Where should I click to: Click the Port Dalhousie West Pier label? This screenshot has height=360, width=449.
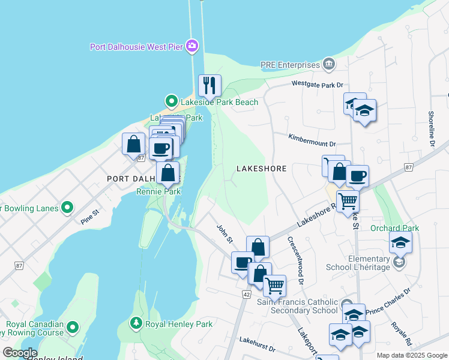click(x=137, y=46)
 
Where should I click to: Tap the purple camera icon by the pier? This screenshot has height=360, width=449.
click(x=192, y=46)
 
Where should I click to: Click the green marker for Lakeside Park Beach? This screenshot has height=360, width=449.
click(x=171, y=101)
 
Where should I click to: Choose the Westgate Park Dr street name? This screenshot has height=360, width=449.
click(x=321, y=85)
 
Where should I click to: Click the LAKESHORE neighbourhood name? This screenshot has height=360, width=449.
click(x=261, y=169)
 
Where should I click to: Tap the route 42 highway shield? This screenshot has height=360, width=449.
click(x=247, y=294)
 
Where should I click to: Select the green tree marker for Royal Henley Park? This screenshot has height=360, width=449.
click(x=137, y=324)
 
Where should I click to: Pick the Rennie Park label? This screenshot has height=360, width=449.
click(x=158, y=192)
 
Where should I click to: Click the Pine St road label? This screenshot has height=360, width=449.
click(x=89, y=217)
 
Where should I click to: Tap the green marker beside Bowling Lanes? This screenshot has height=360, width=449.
click(x=67, y=208)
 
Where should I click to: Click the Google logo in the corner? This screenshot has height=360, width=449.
click(x=20, y=353)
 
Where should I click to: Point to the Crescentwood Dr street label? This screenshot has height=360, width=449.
click(x=296, y=259)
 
